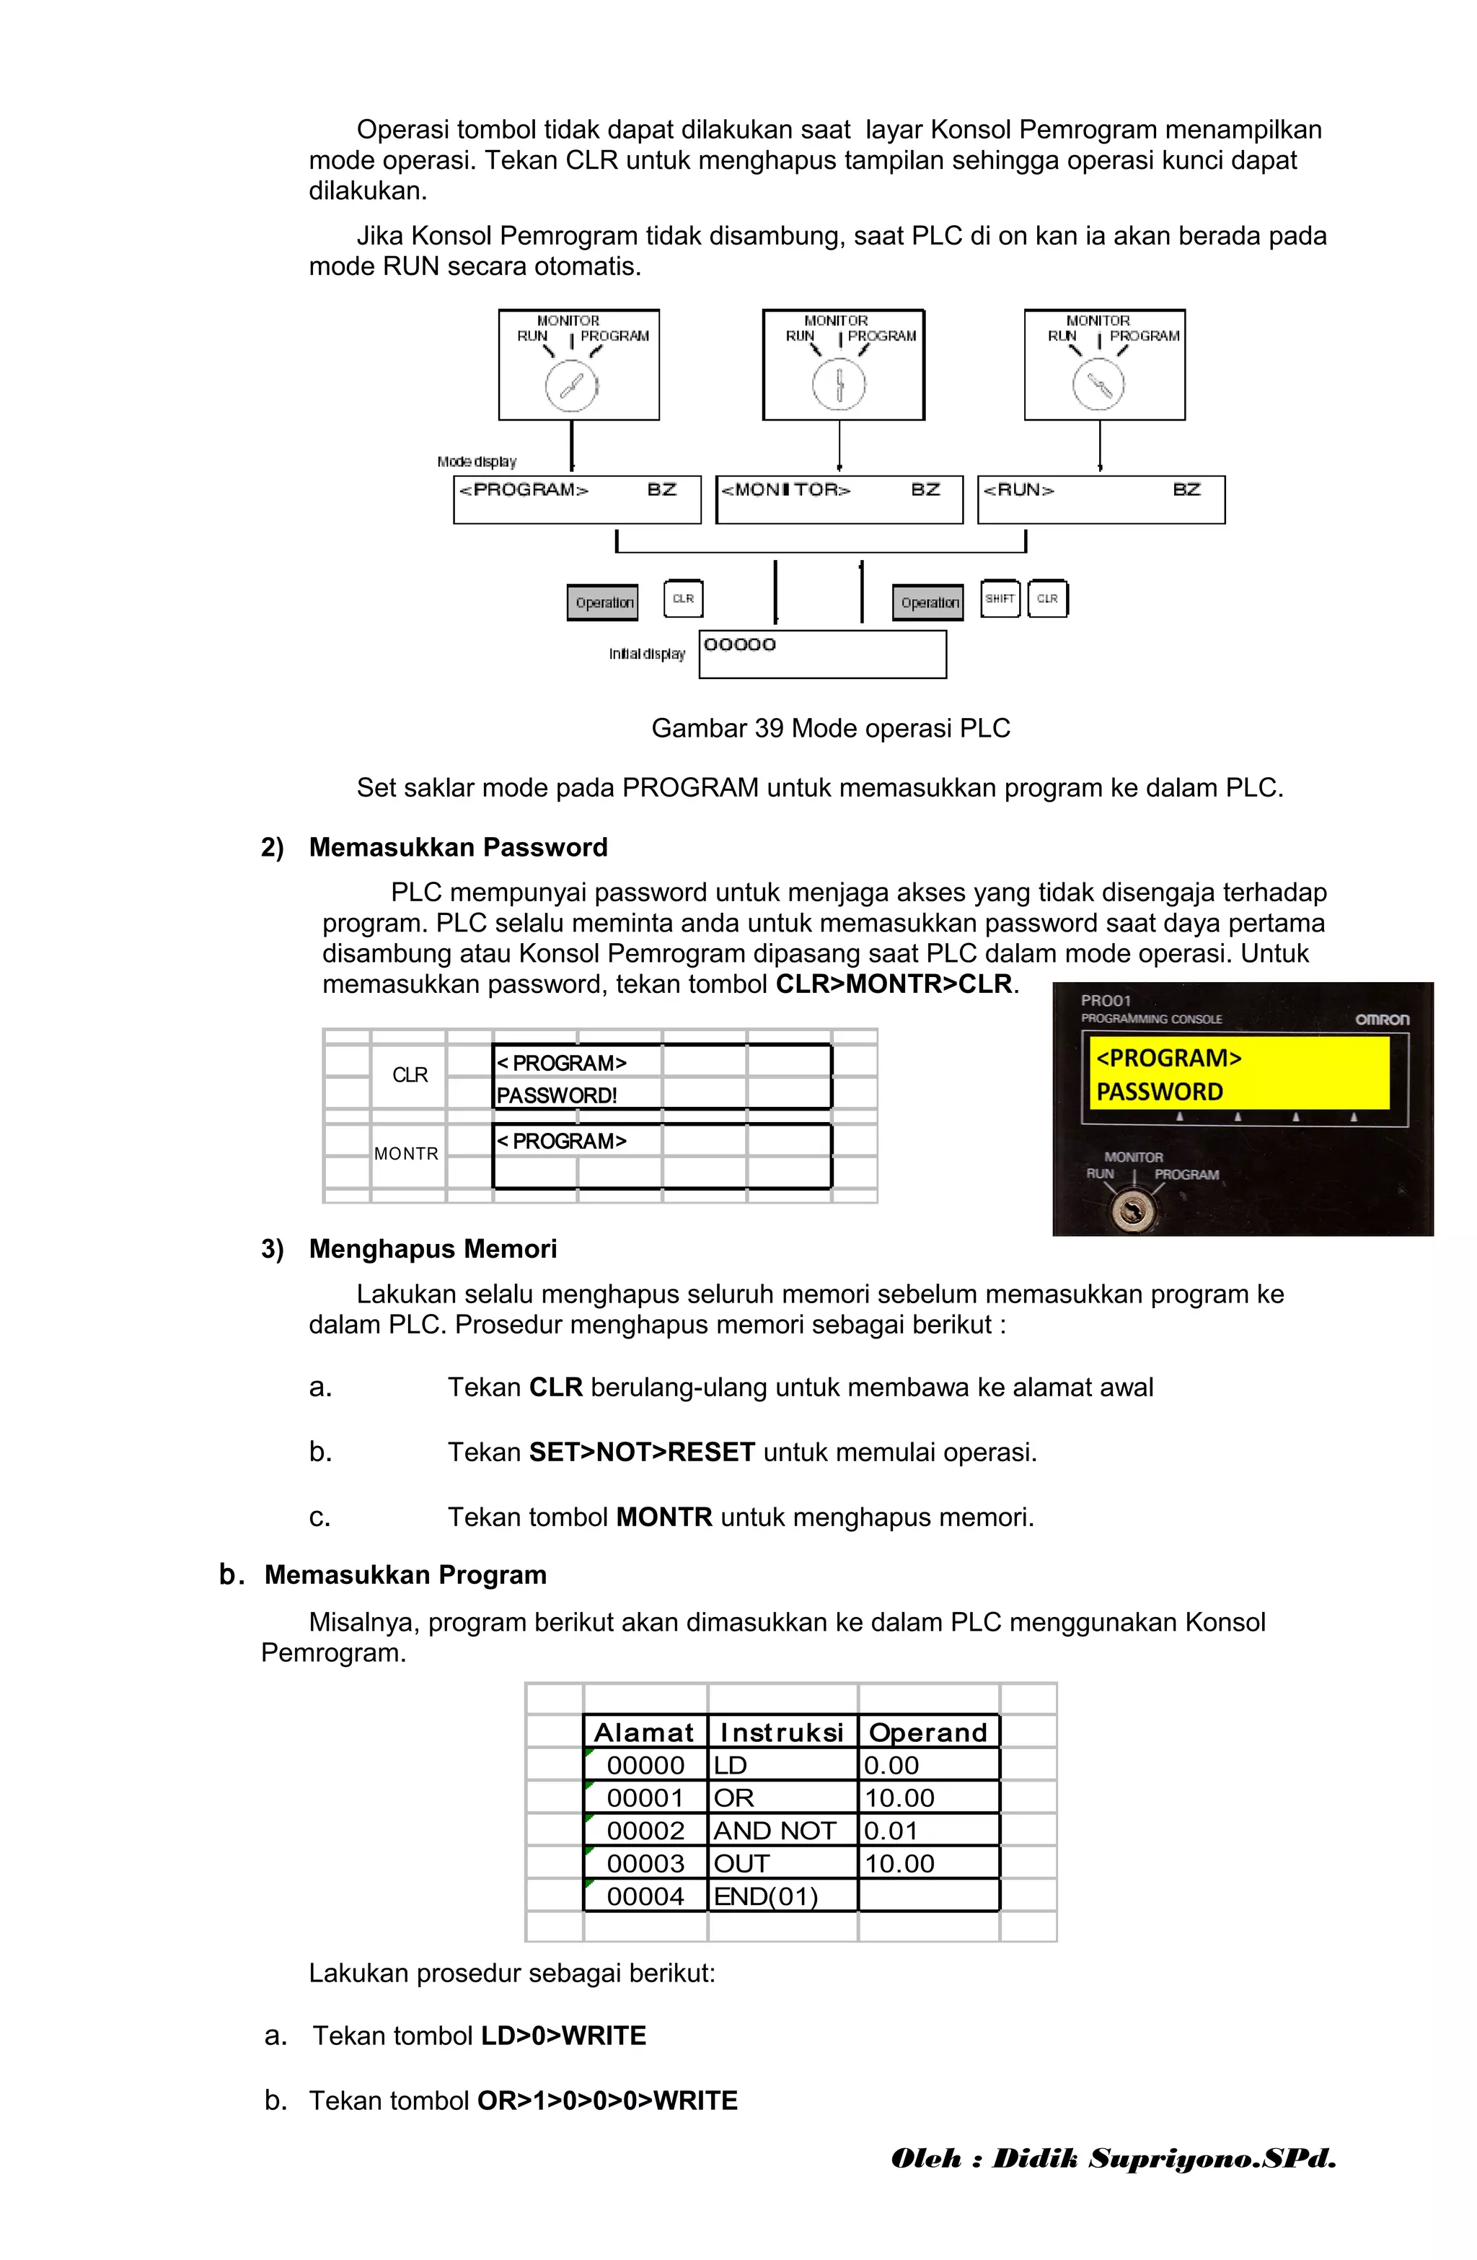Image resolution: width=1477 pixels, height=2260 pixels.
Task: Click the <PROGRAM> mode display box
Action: coord(576,499)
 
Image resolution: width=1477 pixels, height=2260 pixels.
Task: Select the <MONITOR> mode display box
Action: coord(839,499)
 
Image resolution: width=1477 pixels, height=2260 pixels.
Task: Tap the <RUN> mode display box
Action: coord(1101,499)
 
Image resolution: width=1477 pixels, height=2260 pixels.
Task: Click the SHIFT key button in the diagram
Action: coord(1000,598)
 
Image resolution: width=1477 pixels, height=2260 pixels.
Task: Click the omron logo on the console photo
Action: coord(1381,1019)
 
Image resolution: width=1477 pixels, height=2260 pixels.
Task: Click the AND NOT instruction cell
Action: coord(775,1831)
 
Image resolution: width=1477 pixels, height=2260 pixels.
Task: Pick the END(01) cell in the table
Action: coord(765,1896)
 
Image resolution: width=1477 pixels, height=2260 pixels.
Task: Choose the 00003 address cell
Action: coord(645,1863)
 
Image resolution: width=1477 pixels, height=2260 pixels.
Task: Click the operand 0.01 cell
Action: coord(891,1831)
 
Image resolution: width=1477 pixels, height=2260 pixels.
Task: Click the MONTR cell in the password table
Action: coord(406,1154)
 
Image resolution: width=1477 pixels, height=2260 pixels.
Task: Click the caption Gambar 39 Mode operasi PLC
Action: coord(831,728)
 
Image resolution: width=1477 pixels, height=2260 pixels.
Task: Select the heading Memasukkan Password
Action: coord(457,847)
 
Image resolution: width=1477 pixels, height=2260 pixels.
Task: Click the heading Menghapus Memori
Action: coord(433,1248)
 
